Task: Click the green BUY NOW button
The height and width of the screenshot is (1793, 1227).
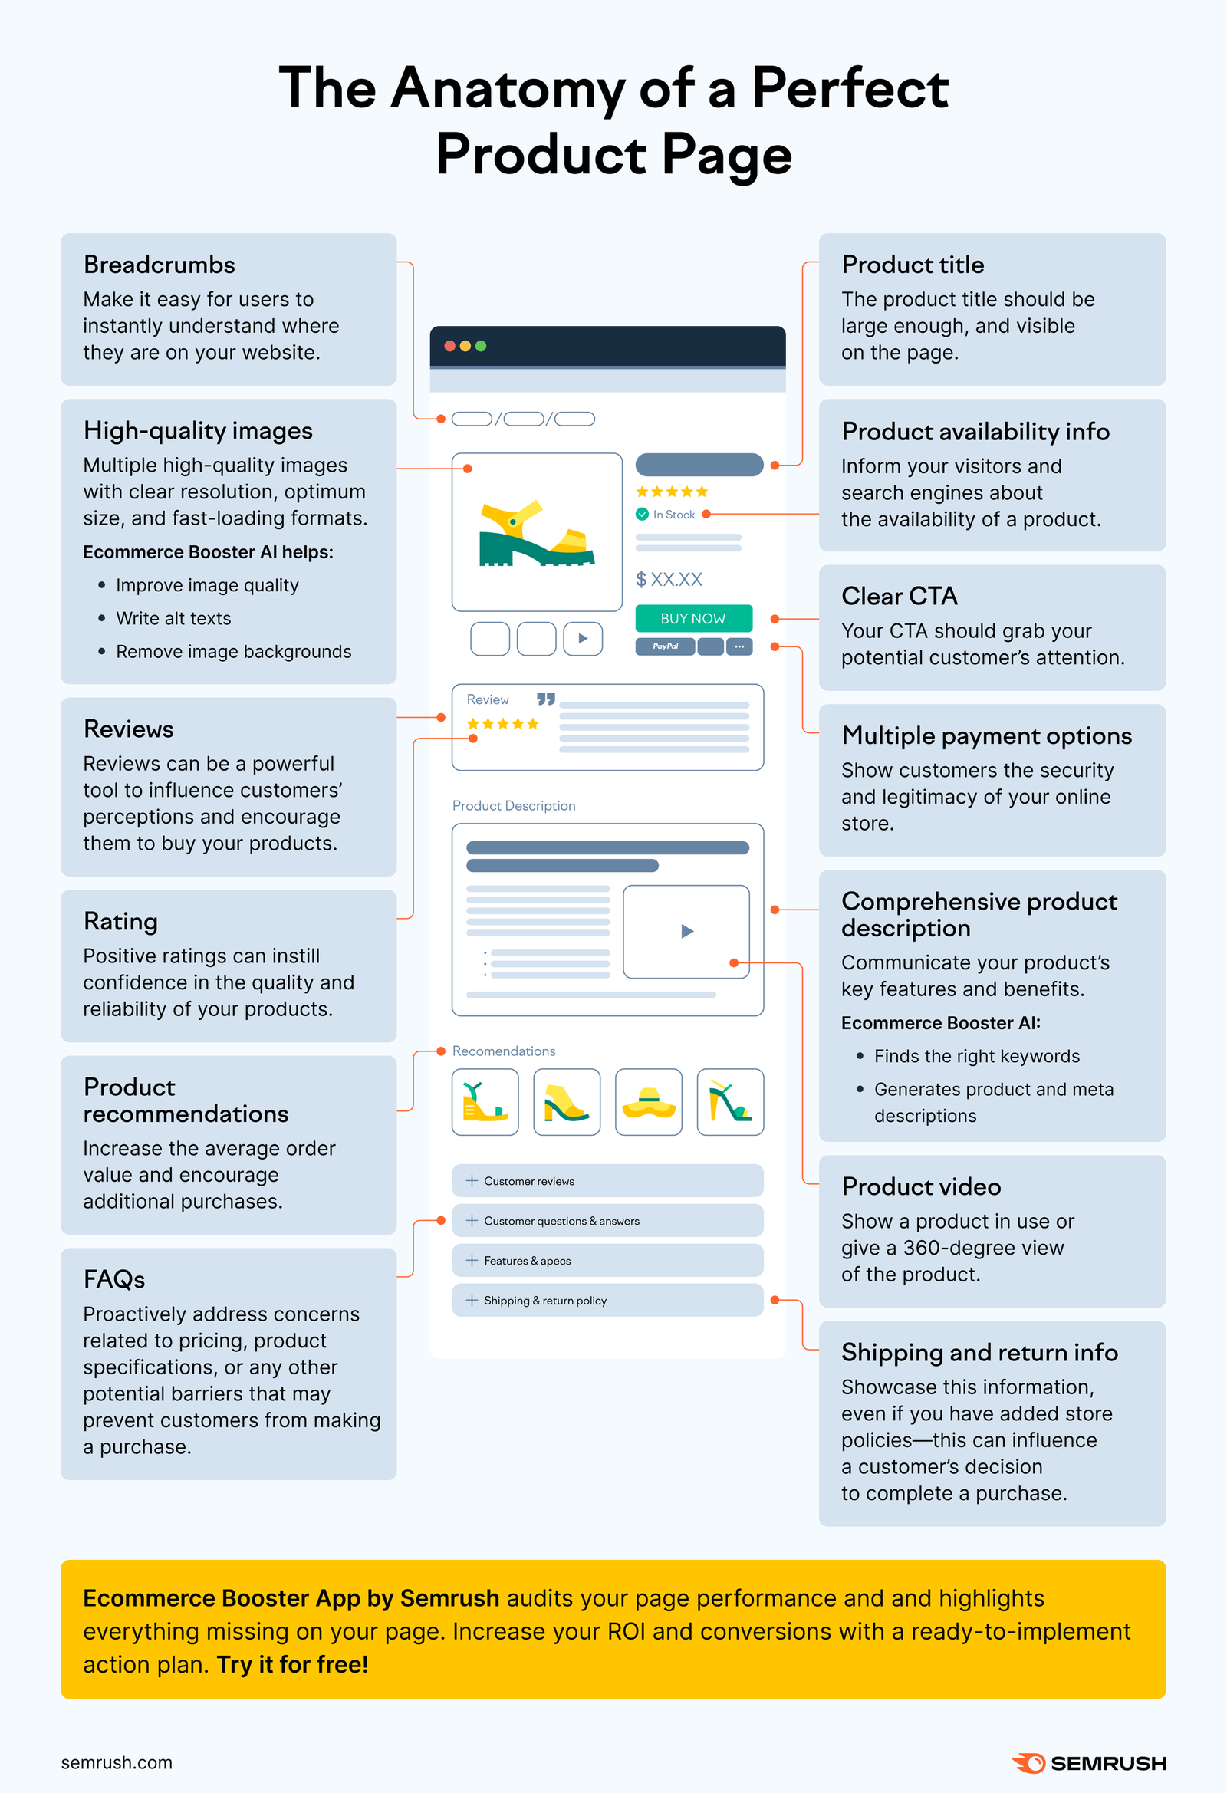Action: pos(693,618)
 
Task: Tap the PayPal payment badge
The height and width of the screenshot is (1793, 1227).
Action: pos(664,646)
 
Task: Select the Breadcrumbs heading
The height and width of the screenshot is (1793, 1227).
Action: pos(159,265)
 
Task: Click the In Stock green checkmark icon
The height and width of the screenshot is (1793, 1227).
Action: pos(642,514)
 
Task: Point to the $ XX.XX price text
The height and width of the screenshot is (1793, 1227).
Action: pos(668,580)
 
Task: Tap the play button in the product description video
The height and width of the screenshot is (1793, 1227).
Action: pos(687,931)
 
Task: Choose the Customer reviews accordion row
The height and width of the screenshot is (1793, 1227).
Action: pos(607,1180)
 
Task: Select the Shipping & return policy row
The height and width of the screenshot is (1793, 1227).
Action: pos(607,1300)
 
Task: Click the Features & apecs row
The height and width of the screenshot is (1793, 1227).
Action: pos(607,1261)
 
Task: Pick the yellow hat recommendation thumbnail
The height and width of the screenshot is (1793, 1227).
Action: pos(648,1102)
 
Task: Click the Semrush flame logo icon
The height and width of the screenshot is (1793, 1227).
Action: pos(1028,1763)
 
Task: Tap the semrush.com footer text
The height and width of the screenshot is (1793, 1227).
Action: pos(117,1763)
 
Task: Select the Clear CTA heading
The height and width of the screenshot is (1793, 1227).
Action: pos(899,597)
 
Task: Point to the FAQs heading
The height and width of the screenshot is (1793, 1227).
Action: pos(114,1279)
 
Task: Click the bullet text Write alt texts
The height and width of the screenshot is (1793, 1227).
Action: pos(173,619)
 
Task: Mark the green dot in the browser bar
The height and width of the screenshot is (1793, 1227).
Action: pos(481,346)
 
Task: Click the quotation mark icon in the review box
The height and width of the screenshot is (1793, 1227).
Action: pos(545,699)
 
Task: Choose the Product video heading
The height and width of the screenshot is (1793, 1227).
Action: pos(921,1186)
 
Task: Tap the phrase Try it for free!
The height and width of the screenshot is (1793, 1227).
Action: pos(292,1664)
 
